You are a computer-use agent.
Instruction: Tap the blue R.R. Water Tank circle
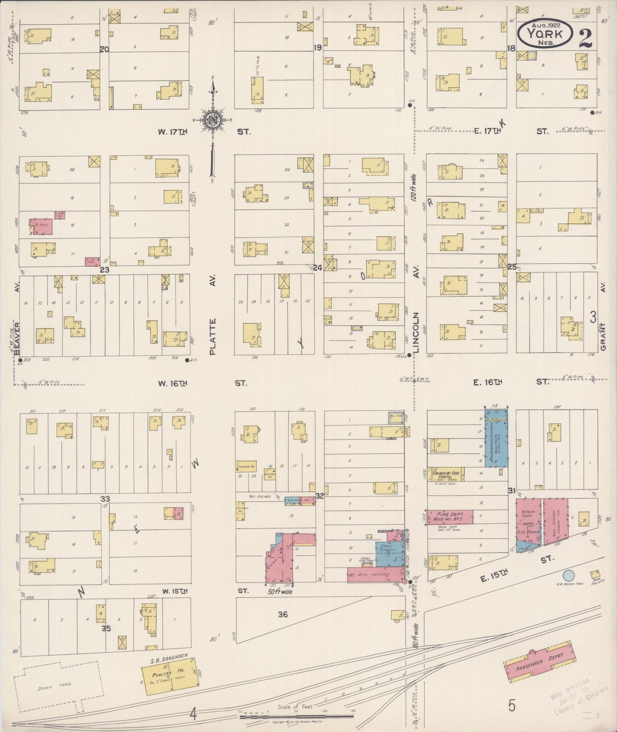click(x=568, y=575)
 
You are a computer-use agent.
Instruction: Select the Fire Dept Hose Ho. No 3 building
click(x=450, y=517)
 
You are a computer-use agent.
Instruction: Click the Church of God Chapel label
click(x=447, y=474)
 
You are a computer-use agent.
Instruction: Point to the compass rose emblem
click(x=212, y=120)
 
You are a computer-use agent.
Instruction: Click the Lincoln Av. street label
click(x=416, y=333)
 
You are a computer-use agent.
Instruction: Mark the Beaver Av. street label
click(x=17, y=337)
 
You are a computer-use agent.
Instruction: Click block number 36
click(x=283, y=614)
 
